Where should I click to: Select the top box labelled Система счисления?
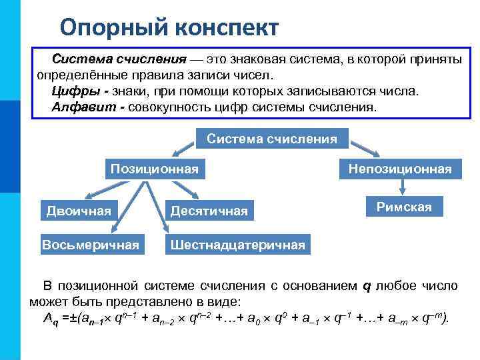[271, 139]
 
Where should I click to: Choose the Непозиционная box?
[400, 169]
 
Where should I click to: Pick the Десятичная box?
[209, 211]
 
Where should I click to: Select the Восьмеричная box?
[91, 245]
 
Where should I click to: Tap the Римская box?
[404, 207]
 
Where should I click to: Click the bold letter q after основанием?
[366, 286]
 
